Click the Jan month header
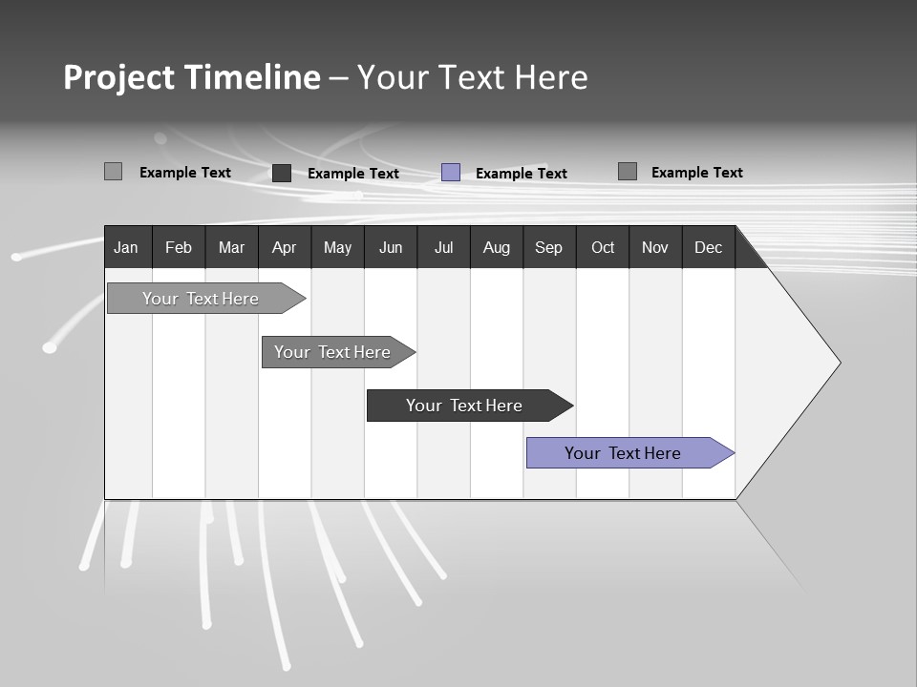(126, 248)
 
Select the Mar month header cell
(231, 248)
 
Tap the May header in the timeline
(337, 248)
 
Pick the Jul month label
(443, 248)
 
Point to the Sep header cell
(548, 248)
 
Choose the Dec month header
(708, 248)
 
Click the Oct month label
(603, 248)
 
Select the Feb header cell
(179, 248)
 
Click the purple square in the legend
(451, 173)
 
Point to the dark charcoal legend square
(282, 173)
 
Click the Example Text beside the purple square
(522, 174)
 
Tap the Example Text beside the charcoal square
(353, 174)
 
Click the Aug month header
(496, 248)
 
